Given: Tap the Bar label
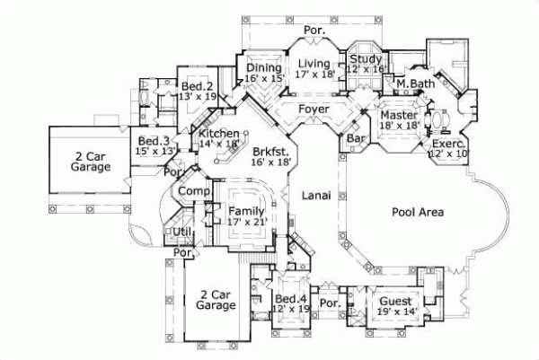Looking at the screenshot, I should click(355, 140).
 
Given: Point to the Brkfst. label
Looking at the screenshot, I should click(271, 151).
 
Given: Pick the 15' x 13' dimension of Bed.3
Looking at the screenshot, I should click(155, 152).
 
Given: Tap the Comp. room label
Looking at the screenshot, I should click(192, 192).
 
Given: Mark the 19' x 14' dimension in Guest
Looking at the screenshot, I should click(395, 312).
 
